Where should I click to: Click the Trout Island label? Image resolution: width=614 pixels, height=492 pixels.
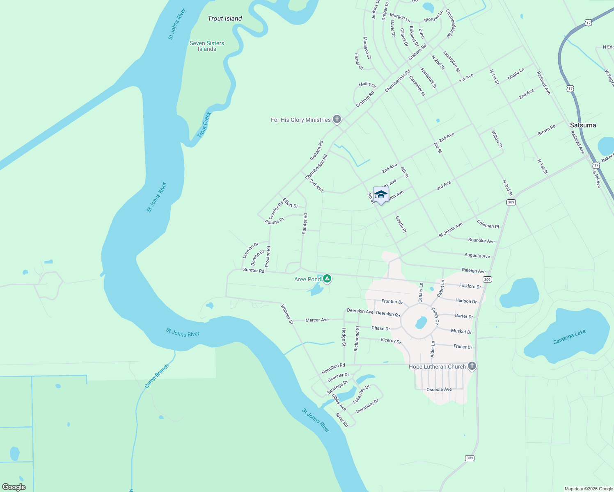click(x=225, y=18)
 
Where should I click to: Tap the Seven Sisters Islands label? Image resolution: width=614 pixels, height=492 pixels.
click(x=207, y=46)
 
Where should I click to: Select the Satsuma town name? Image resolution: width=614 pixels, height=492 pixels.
click(x=583, y=125)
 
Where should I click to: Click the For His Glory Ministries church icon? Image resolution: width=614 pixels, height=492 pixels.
click(x=337, y=119)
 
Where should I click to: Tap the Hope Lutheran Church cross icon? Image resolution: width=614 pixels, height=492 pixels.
click(x=472, y=366)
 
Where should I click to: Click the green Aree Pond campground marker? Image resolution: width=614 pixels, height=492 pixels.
click(x=327, y=279)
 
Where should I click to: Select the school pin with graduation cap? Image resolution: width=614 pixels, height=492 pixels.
click(x=381, y=195)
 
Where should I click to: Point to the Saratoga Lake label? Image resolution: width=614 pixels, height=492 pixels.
click(x=569, y=337)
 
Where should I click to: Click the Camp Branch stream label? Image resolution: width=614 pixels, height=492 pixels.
click(x=157, y=376)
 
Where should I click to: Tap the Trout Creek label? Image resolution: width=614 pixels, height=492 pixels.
click(x=204, y=125)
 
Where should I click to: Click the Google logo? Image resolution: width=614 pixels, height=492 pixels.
click(x=14, y=487)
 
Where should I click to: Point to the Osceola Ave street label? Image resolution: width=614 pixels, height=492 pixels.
click(x=439, y=389)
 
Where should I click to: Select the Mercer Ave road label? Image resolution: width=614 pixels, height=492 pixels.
click(x=317, y=320)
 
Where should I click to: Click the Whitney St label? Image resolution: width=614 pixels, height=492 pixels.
click(x=287, y=314)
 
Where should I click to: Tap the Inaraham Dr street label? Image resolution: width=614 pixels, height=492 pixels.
click(x=367, y=406)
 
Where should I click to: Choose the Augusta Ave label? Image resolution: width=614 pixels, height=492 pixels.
click(x=477, y=255)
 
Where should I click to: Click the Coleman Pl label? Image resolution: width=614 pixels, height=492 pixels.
click(x=488, y=224)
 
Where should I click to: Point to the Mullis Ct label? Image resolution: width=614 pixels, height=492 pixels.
click(x=367, y=84)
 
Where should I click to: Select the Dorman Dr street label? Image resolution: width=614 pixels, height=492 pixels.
click(x=250, y=251)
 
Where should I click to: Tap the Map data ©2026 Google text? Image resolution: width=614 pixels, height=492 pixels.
click(x=589, y=489)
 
